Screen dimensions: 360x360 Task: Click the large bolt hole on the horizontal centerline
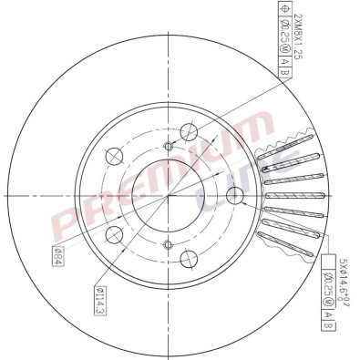(x=235, y=194)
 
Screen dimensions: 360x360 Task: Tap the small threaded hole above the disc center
(x=168, y=147)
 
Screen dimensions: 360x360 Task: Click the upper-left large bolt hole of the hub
(x=115, y=154)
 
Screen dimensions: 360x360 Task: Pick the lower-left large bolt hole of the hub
(x=115, y=236)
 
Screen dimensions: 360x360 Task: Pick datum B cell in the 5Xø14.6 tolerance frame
(x=327, y=323)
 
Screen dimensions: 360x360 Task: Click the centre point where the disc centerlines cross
(x=168, y=194)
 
